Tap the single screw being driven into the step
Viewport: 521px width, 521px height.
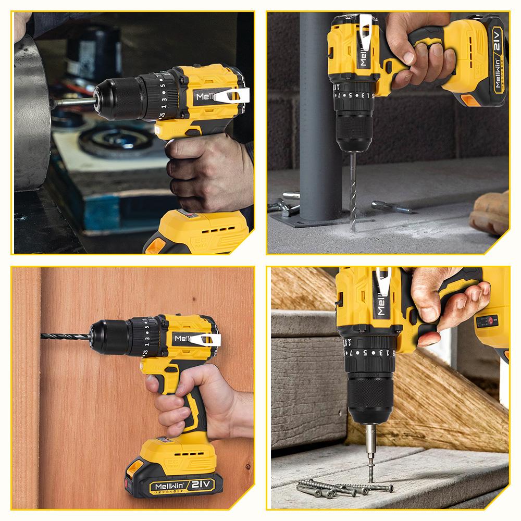[x=371, y=472]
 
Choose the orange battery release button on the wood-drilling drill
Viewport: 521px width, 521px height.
[x=134, y=467]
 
